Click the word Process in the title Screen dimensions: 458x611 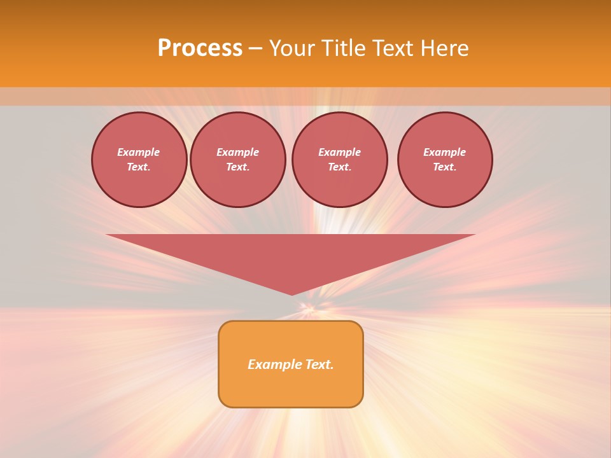pyautogui.click(x=200, y=48)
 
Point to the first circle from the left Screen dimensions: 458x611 pyautogui.click(x=139, y=160)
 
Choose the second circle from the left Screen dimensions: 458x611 pyautogui.click(x=237, y=160)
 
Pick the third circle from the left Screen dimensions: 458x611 pyautogui.click(x=339, y=160)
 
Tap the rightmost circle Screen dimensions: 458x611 pyautogui.click(x=445, y=160)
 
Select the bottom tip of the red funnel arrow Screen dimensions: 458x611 pyautogui.click(x=291, y=294)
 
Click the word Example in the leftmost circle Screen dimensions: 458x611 pyautogui.click(x=139, y=152)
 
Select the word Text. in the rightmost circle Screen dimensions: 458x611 pyautogui.click(x=445, y=167)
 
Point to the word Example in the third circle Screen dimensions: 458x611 pyautogui.click(x=339, y=152)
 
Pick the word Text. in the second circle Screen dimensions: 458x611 pyautogui.click(x=237, y=167)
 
